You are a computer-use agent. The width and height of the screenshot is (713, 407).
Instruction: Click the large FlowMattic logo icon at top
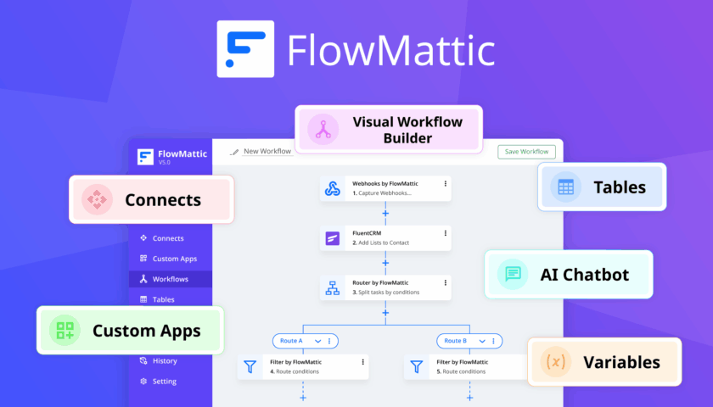[x=245, y=49]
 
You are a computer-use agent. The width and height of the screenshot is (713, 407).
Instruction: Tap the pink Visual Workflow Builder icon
[x=323, y=129]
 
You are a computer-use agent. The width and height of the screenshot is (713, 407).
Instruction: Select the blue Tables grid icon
[x=565, y=187]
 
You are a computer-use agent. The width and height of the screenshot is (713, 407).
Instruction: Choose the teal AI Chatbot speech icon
[x=513, y=275]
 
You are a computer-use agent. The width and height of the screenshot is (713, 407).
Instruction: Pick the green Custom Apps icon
[x=65, y=331]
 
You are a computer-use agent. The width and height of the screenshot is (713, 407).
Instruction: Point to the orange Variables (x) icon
[x=555, y=362]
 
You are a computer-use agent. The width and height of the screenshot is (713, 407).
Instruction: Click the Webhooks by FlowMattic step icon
[x=333, y=188]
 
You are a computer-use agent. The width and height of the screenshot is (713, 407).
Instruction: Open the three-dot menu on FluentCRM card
[x=445, y=232]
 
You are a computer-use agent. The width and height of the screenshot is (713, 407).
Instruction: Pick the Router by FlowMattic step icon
[x=333, y=288]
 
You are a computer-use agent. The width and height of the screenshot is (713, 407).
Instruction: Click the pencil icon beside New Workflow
[x=234, y=152]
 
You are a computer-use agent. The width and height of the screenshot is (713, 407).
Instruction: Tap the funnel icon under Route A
[x=250, y=367]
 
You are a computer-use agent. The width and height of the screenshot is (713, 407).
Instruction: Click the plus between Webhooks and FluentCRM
[x=385, y=213]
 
